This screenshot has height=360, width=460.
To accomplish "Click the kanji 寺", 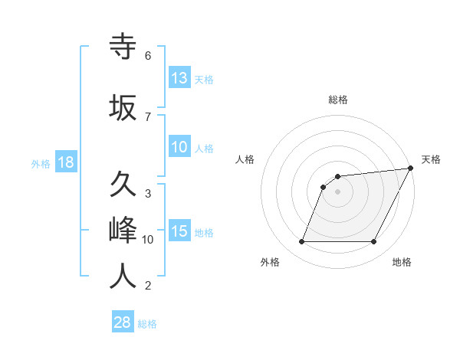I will [123, 48].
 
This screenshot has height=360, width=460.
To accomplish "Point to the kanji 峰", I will [123, 230].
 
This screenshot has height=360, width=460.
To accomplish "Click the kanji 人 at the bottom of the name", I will [123, 276].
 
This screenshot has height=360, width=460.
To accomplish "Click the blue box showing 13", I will [179, 78].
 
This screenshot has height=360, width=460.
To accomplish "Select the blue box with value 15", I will [179, 232].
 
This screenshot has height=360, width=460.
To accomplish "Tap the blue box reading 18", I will [65, 162].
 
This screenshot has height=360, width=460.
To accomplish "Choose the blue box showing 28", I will [123, 322].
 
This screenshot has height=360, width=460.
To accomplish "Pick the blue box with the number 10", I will [179, 147].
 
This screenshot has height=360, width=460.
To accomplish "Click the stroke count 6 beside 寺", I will [148, 56].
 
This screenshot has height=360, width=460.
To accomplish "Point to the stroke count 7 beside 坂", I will [148, 116].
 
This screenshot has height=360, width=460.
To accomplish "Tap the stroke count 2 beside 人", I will [148, 286].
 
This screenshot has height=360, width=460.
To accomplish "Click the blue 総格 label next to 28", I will [147, 324].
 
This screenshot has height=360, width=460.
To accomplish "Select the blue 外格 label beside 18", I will [40, 164].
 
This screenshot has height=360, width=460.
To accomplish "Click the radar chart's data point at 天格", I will [411, 169].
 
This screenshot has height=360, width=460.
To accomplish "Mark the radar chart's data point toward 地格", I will [373, 242].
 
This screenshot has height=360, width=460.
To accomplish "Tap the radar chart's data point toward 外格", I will [301, 242].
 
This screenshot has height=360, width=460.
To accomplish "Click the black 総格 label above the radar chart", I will [338, 100].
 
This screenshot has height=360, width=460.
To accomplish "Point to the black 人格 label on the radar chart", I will [245, 159].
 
